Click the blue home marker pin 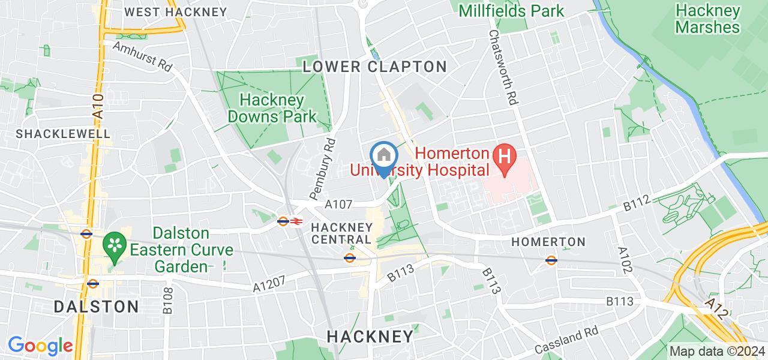pos(383,157)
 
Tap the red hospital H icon pos(505,158)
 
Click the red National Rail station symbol pos(296,221)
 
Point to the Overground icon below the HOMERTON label pos(551,260)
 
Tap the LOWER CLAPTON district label pos(374,67)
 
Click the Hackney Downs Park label pos(272,108)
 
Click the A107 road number pos(338,205)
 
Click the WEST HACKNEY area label pos(175,12)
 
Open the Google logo pos(40,346)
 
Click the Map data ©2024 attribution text pos(717,352)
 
